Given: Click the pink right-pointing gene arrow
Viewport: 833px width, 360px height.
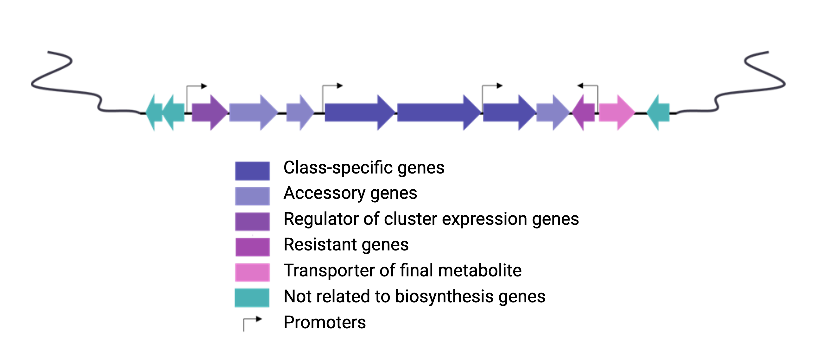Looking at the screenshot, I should tap(615, 113).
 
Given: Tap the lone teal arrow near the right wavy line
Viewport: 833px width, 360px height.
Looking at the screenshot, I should tap(660, 113).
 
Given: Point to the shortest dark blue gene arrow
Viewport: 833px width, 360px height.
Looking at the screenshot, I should tap(508, 113).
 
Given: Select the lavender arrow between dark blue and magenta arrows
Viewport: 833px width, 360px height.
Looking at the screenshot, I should tap(551, 113).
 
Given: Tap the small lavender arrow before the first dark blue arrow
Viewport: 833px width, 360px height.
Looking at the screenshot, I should tap(298, 113).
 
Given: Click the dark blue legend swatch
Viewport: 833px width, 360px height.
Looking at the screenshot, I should tap(252, 170).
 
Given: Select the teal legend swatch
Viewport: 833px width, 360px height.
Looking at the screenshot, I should tap(252, 298).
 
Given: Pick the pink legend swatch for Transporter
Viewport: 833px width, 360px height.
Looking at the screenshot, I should tap(252, 272).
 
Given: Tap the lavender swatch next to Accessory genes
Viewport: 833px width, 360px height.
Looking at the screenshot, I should tap(252, 196).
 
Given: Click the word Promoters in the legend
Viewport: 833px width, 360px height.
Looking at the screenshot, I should tap(324, 322).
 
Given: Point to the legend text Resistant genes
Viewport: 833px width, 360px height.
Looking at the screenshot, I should tap(346, 244).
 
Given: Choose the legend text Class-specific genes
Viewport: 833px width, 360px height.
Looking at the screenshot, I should tap(364, 168).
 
